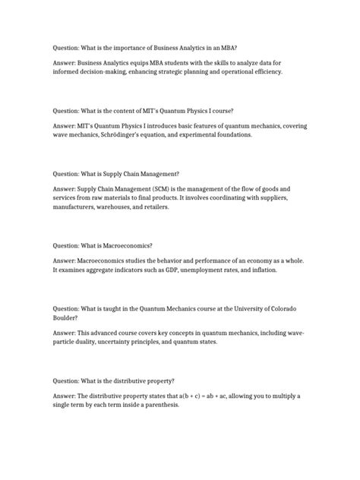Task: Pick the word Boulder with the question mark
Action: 65,318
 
